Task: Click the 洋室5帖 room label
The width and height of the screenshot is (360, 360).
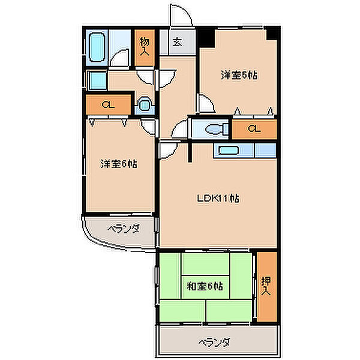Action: (x=239, y=75)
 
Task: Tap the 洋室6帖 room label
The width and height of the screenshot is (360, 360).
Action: (x=119, y=164)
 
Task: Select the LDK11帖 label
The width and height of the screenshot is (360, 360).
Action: (x=218, y=198)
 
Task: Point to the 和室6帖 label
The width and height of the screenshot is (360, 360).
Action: (x=205, y=286)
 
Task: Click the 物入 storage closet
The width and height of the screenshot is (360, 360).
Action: (x=145, y=47)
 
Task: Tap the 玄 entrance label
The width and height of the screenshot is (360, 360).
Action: (x=178, y=42)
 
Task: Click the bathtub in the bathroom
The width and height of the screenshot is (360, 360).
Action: (x=97, y=47)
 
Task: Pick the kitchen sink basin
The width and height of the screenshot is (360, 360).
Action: (x=228, y=151)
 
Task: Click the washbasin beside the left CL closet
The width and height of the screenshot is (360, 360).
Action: (x=144, y=105)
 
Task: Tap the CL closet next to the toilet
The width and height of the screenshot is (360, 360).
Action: (x=254, y=129)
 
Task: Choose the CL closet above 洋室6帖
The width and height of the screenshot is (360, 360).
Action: (x=109, y=104)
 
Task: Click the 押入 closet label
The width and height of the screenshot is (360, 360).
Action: (x=266, y=286)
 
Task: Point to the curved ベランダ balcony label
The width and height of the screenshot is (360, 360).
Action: (x=124, y=229)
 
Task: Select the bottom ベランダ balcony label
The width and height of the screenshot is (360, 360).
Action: (x=214, y=343)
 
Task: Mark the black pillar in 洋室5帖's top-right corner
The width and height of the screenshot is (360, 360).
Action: (x=272, y=34)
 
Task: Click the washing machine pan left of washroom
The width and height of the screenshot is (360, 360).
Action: (x=97, y=80)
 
